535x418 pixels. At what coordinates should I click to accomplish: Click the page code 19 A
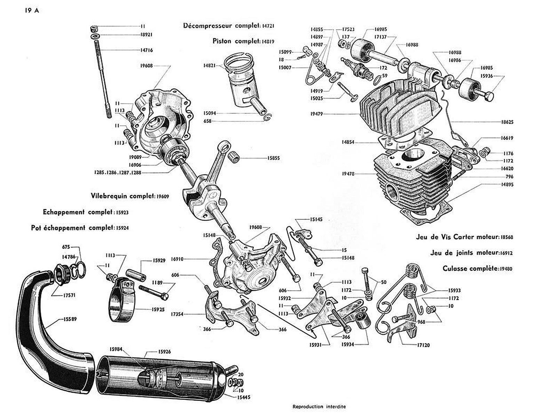point(31,10)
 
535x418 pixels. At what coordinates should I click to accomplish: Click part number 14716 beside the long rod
point(146,50)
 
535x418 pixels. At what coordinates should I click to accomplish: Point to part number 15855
point(274,158)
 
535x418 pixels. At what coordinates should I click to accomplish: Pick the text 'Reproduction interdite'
point(319,407)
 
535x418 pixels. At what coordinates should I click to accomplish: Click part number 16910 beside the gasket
point(177,259)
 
